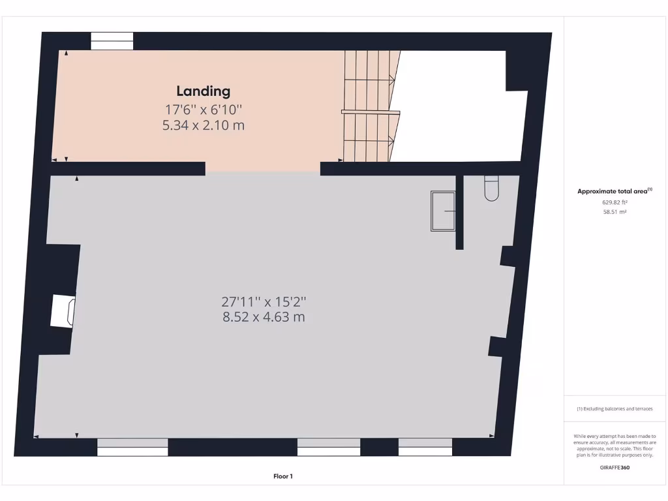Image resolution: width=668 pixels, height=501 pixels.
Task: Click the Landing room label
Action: click(x=204, y=91)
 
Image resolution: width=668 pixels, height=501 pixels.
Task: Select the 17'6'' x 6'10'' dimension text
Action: click(x=204, y=110)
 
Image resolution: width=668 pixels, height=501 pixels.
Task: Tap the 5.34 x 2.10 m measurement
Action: click(x=204, y=125)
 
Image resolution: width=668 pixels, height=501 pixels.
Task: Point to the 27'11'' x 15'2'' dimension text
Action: click(x=264, y=301)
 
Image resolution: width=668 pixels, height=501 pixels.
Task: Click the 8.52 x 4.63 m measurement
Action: click(x=264, y=318)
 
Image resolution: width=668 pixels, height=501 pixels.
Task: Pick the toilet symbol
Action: click(x=491, y=188)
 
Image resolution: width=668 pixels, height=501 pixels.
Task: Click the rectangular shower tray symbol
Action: click(x=443, y=211)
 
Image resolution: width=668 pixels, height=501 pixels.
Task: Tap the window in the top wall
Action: click(x=112, y=41)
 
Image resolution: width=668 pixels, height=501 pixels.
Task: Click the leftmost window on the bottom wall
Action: click(x=133, y=447)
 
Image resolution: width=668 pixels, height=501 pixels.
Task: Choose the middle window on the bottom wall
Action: click(x=329, y=447)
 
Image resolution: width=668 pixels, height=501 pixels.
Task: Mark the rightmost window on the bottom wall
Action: click(x=425, y=447)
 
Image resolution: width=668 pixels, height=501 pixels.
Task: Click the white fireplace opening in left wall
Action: click(x=63, y=311)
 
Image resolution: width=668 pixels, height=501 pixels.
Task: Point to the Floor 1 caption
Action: click(x=283, y=476)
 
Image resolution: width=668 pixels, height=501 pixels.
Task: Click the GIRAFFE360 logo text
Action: click(x=615, y=467)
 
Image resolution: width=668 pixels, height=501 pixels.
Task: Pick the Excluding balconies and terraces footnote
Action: click(x=615, y=409)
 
